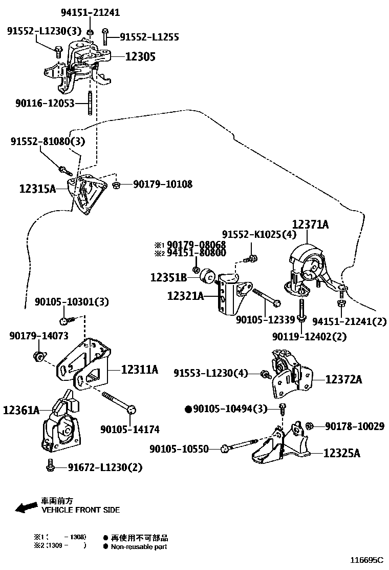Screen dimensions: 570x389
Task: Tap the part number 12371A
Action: point(310,225)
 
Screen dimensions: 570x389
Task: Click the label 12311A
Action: point(140,369)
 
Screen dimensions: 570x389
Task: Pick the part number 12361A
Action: point(21,410)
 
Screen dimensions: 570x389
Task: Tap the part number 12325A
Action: point(342,453)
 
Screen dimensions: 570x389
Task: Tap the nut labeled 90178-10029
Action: point(309,425)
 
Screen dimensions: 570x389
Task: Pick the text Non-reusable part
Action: point(138,546)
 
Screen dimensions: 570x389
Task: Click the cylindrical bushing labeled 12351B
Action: point(208,276)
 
